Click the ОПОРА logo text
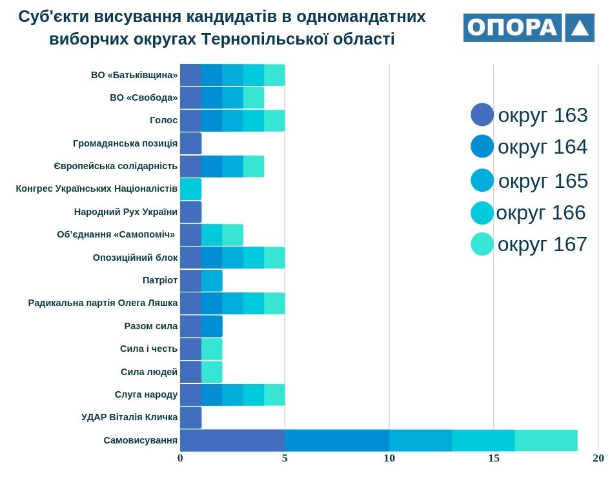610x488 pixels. (x=512, y=28)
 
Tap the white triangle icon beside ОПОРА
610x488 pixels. (x=580, y=28)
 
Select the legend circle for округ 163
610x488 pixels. (x=482, y=115)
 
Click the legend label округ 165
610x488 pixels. (x=543, y=181)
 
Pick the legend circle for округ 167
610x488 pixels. (x=482, y=244)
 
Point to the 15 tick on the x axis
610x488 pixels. (x=494, y=458)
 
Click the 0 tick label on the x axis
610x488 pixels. (x=180, y=458)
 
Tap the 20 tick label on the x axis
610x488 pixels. (x=598, y=458)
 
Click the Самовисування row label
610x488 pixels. (x=140, y=440)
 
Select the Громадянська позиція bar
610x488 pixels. (x=190, y=143)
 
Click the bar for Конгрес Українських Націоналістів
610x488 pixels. (x=190, y=189)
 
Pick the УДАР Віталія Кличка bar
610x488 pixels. (x=190, y=418)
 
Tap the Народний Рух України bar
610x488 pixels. (x=190, y=212)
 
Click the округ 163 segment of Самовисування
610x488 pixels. (x=232, y=440)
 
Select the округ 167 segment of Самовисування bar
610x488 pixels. (x=546, y=440)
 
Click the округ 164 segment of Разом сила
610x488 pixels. (x=212, y=326)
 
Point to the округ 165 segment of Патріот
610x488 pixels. (x=212, y=280)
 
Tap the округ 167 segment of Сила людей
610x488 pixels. (x=212, y=372)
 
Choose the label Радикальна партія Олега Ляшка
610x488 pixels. (x=103, y=303)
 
